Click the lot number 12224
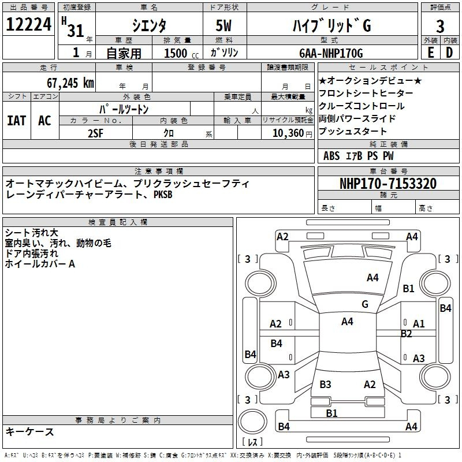[28, 24]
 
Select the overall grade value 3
[440, 27]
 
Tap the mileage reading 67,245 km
[70, 83]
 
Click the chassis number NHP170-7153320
[388, 184]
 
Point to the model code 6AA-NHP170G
[331, 53]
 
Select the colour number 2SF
[95, 133]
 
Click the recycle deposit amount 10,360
[288, 133]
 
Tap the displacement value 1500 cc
[181, 53]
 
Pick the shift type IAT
[17, 121]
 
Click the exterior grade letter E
[431, 53]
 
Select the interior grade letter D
[449, 53]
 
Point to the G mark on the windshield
[365, 304]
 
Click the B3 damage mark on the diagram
[325, 385]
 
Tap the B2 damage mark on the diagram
[406, 334]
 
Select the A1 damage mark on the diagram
[419, 324]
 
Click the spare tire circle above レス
[252, 422]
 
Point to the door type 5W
[223, 25]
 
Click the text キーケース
[30, 432]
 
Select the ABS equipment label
[331, 156]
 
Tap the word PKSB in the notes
[163, 195]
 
